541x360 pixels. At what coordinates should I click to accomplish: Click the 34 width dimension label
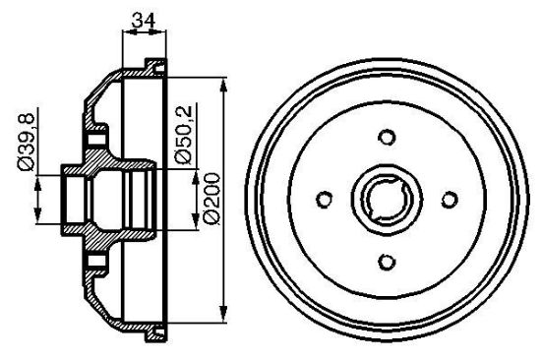pos(144,20)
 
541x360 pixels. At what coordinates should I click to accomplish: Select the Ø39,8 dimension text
pos(27,142)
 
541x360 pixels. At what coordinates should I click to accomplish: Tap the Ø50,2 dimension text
pos(183,135)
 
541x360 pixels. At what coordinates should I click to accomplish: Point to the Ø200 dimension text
pos(211,199)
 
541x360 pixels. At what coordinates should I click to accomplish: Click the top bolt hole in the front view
pos(387,137)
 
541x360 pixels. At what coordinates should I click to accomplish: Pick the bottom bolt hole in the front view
pos(387,262)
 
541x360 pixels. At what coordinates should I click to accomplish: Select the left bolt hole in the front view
pos(325,200)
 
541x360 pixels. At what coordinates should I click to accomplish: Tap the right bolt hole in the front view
pos(450,200)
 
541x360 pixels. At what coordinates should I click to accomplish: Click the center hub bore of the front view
pos(387,200)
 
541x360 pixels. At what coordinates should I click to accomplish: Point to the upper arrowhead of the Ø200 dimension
pos(224,85)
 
